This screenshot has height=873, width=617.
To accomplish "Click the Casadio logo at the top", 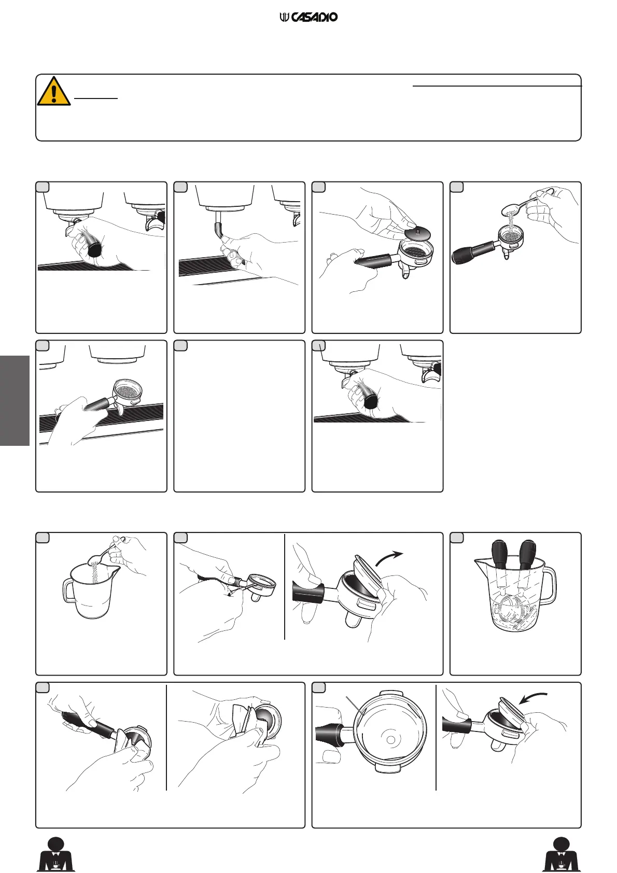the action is tap(308, 17).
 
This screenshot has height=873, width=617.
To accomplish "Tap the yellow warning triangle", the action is tap(54, 91).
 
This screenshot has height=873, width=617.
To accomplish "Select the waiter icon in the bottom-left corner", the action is tap(55, 854).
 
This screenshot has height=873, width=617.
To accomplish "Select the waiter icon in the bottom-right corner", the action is tap(562, 854).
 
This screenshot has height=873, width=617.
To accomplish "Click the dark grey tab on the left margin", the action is tap(15, 400).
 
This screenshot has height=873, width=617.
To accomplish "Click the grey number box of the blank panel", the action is tap(180, 346).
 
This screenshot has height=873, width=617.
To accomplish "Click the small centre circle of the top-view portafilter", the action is tap(390, 739).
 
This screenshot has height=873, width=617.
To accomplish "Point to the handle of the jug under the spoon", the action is tap(68, 591).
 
